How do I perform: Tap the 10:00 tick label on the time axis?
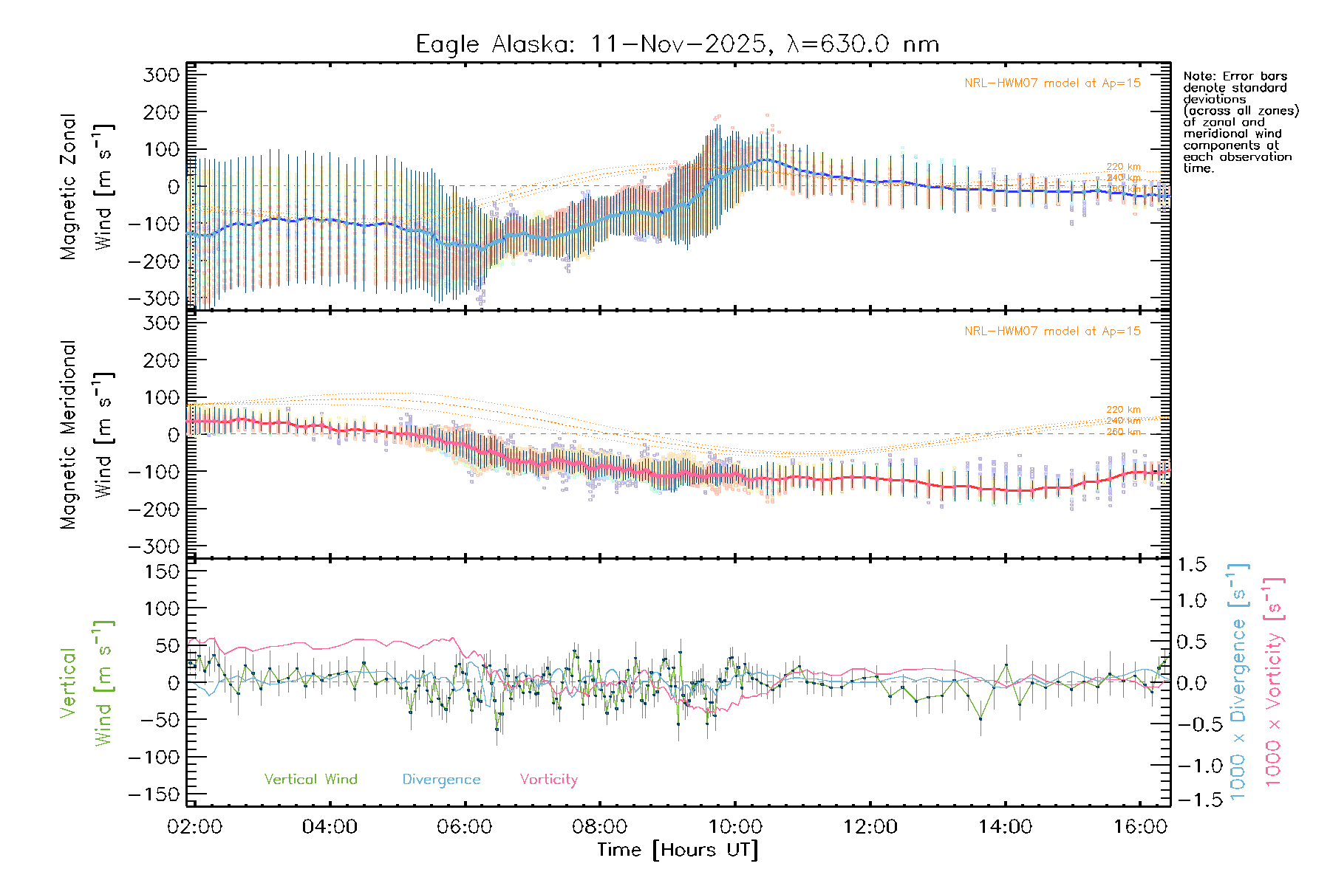coord(735,827)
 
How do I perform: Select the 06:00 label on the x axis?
coord(465,827)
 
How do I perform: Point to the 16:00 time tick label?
coord(1140,827)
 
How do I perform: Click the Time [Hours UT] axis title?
coord(678,851)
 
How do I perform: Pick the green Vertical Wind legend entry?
coord(310,780)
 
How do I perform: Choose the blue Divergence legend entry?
coord(441,780)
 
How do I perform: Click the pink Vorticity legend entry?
coord(548,780)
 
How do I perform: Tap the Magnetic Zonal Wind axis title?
coord(86,187)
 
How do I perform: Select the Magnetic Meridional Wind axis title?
coord(86,435)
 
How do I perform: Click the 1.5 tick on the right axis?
coord(1192,565)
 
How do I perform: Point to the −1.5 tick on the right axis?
coord(1192,800)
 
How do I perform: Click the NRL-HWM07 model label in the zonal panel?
coord(1052,83)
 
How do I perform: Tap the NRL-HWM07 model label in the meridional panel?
coord(1052,332)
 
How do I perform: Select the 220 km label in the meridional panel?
coord(1123,410)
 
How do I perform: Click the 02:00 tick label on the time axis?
coord(194,827)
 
